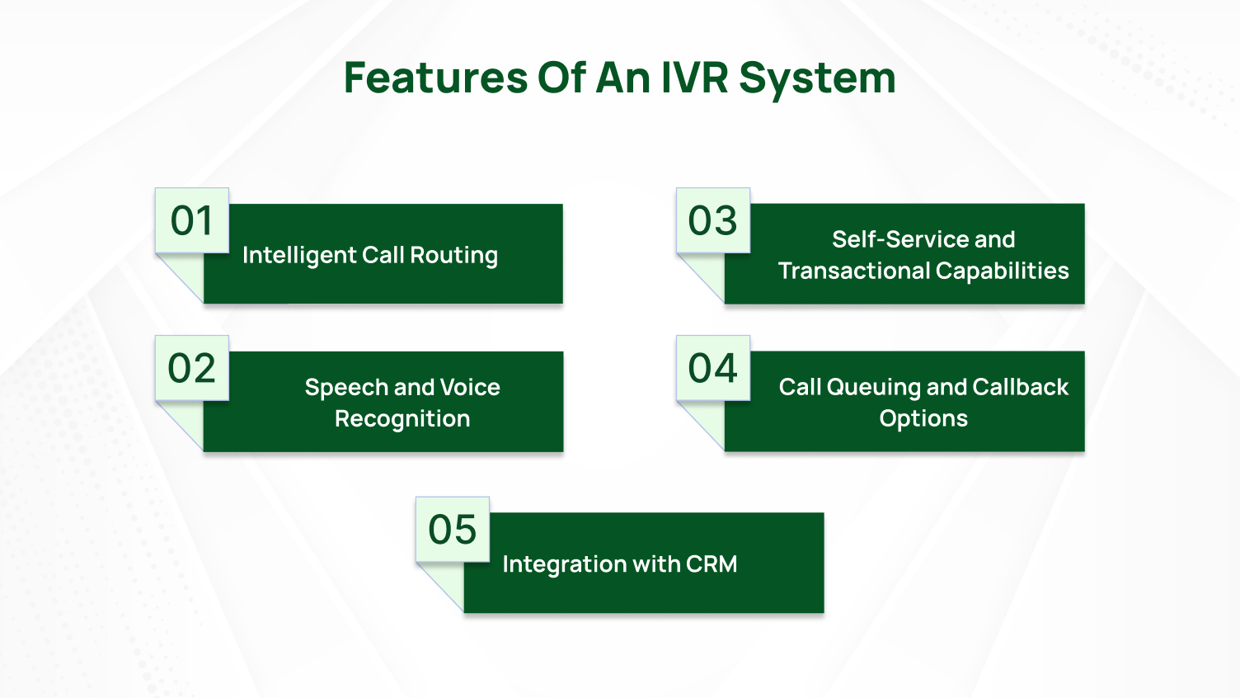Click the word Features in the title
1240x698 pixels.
(x=435, y=78)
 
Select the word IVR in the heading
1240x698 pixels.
(x=693, y=78)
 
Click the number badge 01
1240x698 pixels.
(x=192, y=221)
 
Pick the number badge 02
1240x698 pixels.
(x=192, y=369)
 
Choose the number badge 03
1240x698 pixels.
(x=713, y=221)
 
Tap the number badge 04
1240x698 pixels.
(x=713, y=369)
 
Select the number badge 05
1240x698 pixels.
(x=453, y=530)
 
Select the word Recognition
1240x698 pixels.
(x=402, y=419)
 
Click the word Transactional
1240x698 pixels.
(x=854, y=271)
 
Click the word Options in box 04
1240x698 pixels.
(x=923, y=419)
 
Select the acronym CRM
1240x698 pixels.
(x=712, y=564)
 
